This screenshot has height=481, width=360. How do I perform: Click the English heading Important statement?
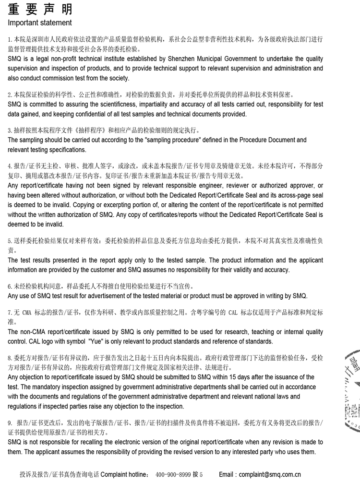(40, 23)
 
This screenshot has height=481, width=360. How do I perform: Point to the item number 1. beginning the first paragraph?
(10, 39)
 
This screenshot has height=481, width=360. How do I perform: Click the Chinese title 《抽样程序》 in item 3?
(92, 130)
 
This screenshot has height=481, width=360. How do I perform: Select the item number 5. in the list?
(10, 241)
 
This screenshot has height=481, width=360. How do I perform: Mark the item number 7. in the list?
(10, 313)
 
